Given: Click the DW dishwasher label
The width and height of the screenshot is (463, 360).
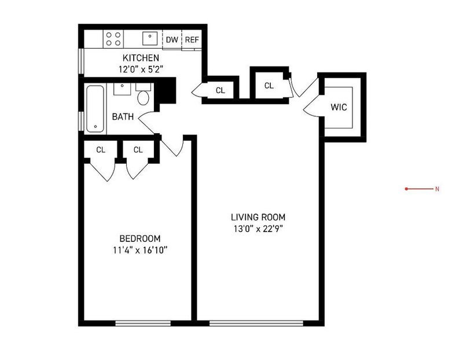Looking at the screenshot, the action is point(172,39).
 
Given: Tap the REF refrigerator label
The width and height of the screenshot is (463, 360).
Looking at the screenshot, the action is point(192,39).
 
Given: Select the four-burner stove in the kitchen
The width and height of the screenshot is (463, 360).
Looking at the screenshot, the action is point(113,39).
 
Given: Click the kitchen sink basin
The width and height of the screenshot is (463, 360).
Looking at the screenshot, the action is point(150,38).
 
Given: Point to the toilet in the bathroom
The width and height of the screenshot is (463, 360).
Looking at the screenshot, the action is point(143,94).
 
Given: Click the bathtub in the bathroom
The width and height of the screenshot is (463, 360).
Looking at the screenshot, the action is point(95,109).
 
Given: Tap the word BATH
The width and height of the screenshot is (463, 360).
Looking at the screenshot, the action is point(123,117).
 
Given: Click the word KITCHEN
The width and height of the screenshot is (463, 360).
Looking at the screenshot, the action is point(141,57).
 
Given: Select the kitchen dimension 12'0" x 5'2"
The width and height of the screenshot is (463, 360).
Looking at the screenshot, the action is point(141,69).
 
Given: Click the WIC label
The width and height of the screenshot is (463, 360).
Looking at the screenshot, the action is point(339,107).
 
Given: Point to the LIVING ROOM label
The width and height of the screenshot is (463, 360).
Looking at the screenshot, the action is point(258,218).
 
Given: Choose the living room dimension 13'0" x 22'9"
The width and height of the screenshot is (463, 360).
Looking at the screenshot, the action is point(258,229).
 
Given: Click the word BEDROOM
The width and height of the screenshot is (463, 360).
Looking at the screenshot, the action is point(140,238).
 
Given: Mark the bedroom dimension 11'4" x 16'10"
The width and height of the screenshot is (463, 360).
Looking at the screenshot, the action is point(140,251).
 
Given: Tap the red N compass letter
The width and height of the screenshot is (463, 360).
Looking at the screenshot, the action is point(437,189).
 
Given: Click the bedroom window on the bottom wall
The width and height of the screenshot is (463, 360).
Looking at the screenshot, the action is point(143,324).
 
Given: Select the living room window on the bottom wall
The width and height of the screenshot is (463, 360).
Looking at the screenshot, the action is point(256,324).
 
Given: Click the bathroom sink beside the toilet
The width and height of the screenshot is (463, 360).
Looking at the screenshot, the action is point(122,89).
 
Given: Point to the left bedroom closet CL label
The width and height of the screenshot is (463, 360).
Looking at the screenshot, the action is point(101,150).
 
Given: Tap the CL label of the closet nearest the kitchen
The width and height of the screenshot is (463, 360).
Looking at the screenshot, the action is point(221,90).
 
